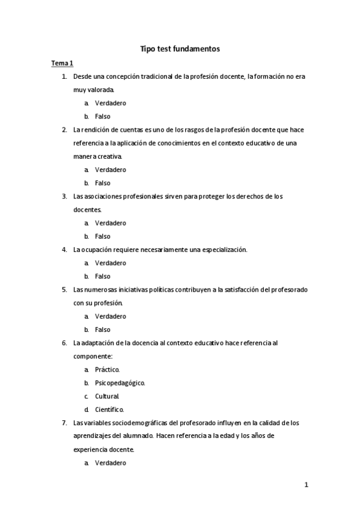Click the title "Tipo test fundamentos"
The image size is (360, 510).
point(180,49)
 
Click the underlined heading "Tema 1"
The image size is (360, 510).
point(61,63)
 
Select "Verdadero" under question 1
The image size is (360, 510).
point(110,103)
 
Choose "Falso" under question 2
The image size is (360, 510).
point(102,183)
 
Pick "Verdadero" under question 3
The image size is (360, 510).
point(110,223)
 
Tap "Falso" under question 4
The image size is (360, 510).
point(102,276)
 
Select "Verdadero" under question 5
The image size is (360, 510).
point(110,316)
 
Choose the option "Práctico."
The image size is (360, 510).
point(107,369)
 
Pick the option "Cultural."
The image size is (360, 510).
point(107,396)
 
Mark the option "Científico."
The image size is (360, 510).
point(109,409)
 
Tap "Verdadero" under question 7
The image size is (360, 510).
point(110,462)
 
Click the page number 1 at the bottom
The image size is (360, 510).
point(306,485)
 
